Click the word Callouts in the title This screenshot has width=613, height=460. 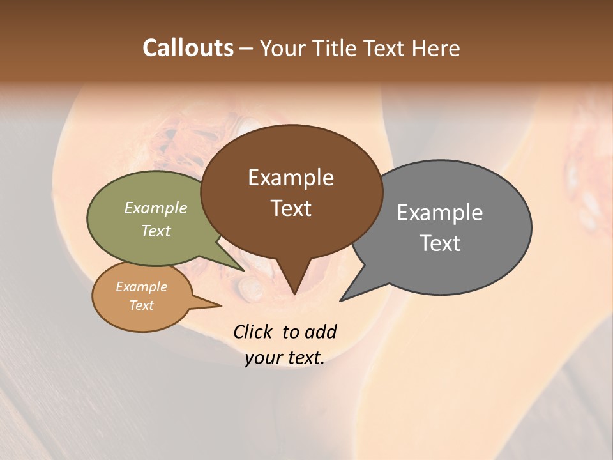pyautogui.click(x=188, y=48)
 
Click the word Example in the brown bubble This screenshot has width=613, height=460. pyautogui.click(x=291, y=178)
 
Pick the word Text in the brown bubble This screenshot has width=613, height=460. pyautogui.click(x=291, y=208)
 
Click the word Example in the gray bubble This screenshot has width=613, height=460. pyautogui.click(x=440, y=213)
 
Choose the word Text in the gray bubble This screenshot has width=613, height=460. pyautogui.click(x=440, y=243)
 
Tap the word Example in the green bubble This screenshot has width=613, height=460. pyautogui.click(x=155, y=208)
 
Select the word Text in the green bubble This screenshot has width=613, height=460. pyautogui.click(x=155, y=231)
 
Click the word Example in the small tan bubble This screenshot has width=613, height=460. pyautogui.click(x=141, y=287)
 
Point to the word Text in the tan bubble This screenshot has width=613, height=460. pyautogui.click(x=141, y=305)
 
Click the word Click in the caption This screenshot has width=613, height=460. pyautogui.click(x=254, y=332)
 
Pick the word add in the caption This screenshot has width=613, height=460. pyautogui.click(x=320, y=332)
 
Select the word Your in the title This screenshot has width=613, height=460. pyautogui.click(x=282, y=48)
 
